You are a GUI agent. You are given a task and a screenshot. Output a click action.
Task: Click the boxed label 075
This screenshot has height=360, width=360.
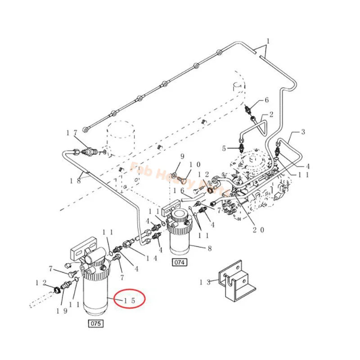[96, 323]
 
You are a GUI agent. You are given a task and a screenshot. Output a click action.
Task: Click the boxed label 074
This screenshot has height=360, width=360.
[179, 261]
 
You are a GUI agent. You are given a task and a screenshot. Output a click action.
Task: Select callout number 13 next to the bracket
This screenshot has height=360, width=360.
[206, 282]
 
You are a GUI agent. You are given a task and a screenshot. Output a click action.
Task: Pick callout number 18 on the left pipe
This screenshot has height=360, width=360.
[76, 180]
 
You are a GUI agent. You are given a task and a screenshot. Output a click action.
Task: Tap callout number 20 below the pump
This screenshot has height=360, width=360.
[258, 229]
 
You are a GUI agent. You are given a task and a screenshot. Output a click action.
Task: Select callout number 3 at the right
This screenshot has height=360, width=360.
[303, 132]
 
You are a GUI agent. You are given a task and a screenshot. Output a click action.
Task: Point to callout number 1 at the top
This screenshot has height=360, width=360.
[268, 41]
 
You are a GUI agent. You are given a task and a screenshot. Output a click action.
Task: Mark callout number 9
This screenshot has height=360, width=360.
[183, 156]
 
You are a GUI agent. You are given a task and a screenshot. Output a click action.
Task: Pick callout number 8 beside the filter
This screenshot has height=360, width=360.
[208, 247]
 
